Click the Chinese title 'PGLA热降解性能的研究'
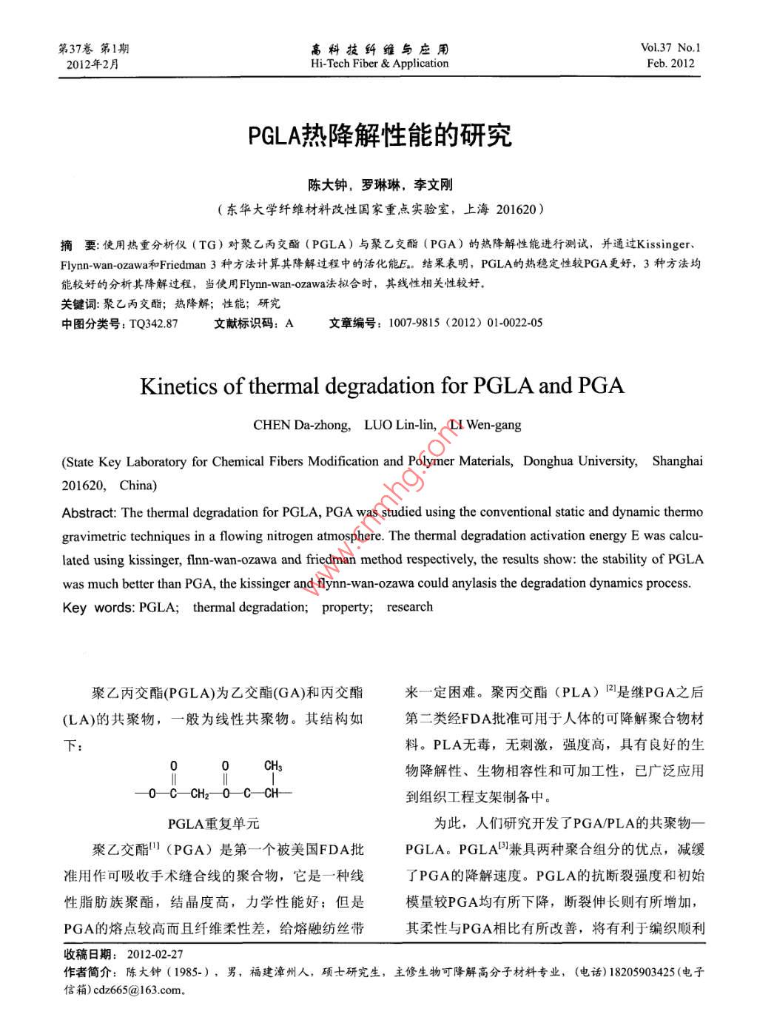point(380,135)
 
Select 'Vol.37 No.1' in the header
point(670,48)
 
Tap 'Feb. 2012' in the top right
point(670,64)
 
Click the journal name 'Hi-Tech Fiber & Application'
point(379,64)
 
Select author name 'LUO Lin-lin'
point(400,425)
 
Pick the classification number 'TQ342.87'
point(153,323)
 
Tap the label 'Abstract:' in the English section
point(89,512)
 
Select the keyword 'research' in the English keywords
point(409,607)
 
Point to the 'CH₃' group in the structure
point(273,766)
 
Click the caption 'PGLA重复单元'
point(213,823)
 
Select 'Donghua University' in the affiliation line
point(580,461)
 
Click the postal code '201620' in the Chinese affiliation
point(514,209)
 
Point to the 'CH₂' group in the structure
point(199,794)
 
